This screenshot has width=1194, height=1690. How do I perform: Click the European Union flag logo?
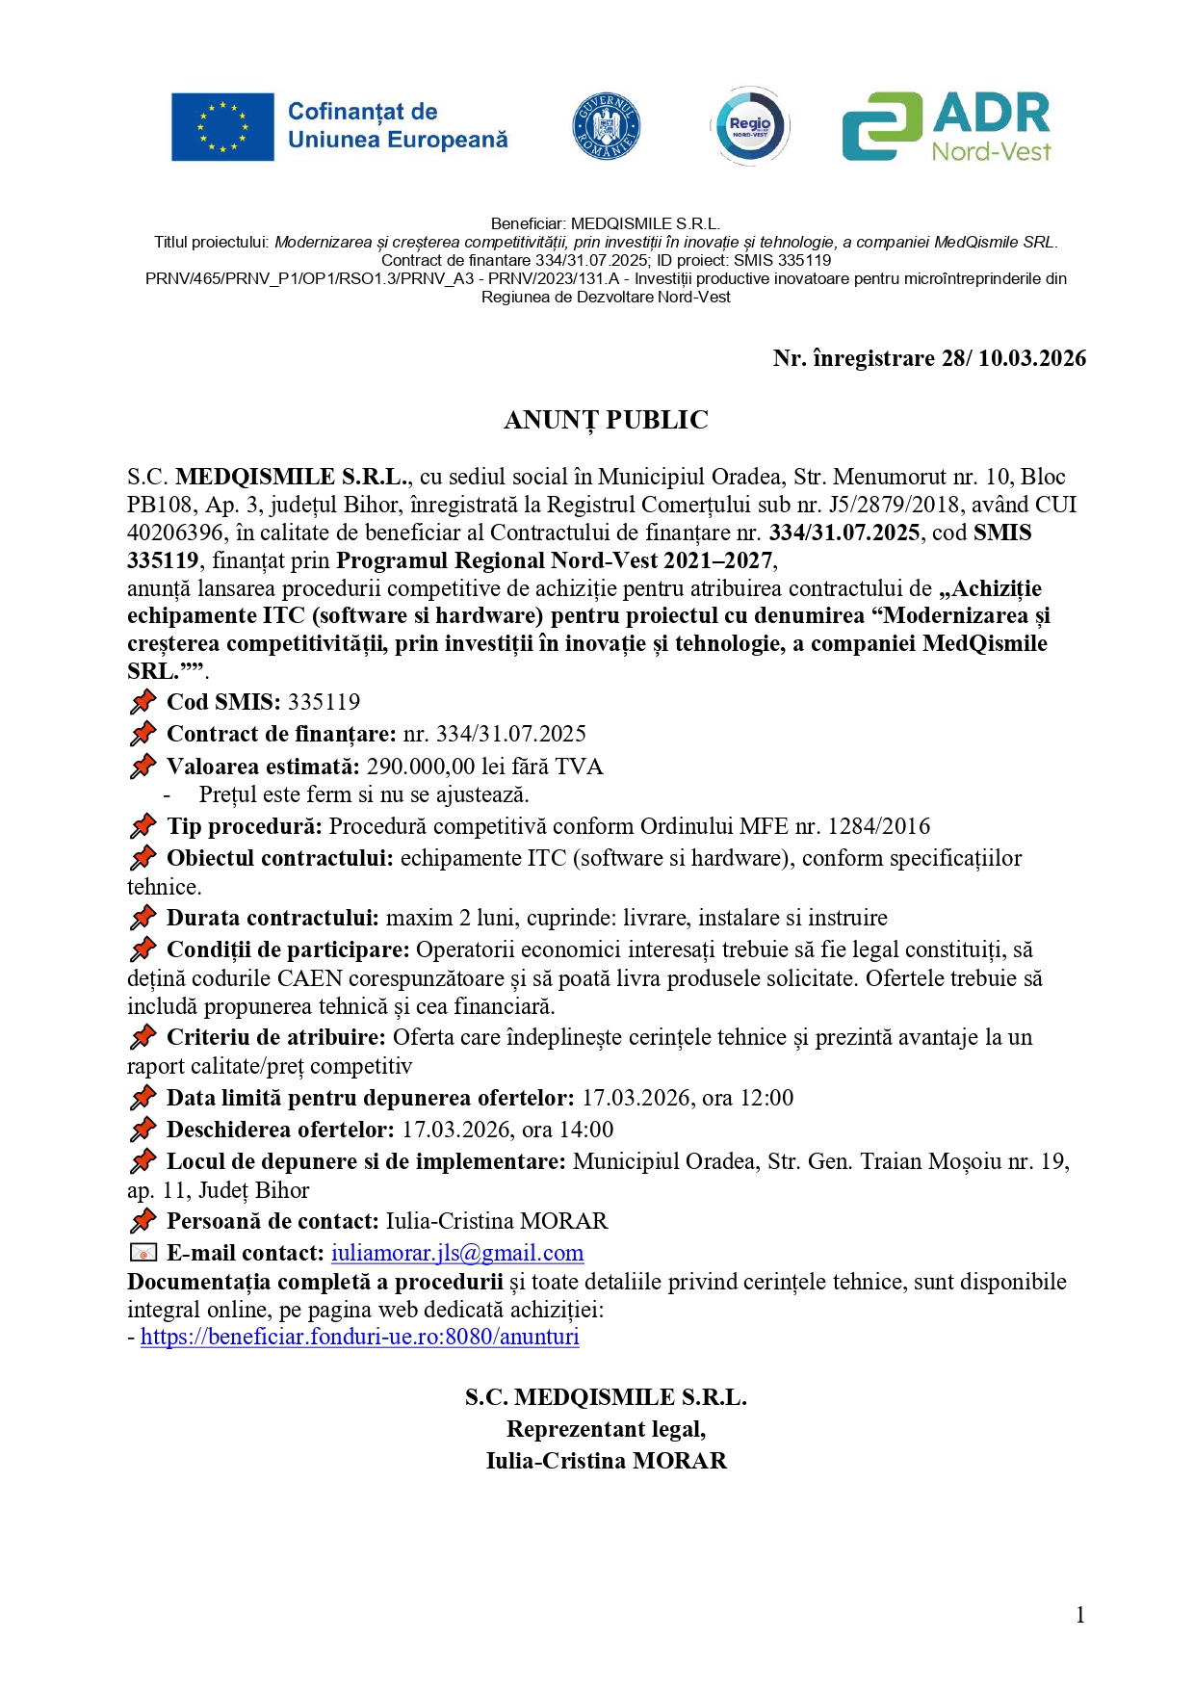click(x=222, y=126)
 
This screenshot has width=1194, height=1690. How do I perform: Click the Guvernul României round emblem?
click(x=606, y=126)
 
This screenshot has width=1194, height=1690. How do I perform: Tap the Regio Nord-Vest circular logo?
click(x=750, y=126)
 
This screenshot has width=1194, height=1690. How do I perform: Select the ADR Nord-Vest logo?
click(x=947, y=126)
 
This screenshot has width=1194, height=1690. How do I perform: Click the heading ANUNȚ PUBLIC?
click(x=606, y=420)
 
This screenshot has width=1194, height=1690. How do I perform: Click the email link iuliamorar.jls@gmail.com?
click(x=457, y=1253)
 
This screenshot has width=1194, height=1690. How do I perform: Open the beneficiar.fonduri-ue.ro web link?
click(x=360, y=1337)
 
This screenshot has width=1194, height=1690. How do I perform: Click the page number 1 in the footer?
click(x=1079, y=1615)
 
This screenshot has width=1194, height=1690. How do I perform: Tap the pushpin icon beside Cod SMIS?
click(x=143, y=702)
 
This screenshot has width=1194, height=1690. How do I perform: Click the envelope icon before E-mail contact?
click(x=143, y=1253)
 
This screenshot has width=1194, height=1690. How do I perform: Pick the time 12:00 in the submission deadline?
click(x=767, y=1098)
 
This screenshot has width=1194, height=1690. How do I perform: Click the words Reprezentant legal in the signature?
click(x=606, y=1429)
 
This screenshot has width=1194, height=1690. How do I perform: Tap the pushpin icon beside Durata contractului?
click(x=143, y=918)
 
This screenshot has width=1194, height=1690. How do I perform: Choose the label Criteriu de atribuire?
click(x=275, y=1037)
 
